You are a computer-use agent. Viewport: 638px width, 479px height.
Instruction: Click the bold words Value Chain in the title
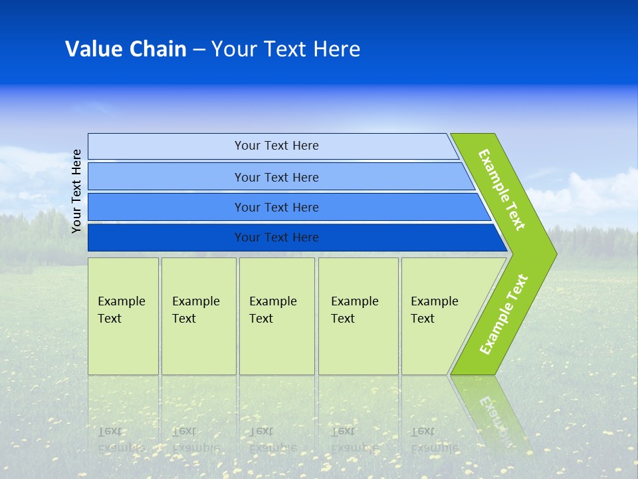(x=126, y=49)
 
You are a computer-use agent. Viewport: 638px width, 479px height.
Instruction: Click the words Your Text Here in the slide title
(x=286, y=49)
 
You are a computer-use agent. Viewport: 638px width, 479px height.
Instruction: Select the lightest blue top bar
(x=273, y=146)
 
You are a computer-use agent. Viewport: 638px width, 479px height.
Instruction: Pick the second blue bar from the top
(x=280, y=176)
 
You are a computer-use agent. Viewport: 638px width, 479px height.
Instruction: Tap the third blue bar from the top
(x=289, y=207)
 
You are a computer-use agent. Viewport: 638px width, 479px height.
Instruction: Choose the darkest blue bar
(x=297, y=238)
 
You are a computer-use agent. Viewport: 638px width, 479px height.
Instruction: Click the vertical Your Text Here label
(x=76, y=191)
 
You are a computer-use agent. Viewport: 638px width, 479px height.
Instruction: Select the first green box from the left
(x=124, y=316)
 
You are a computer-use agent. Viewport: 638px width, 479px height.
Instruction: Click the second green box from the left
(x=199, y=316)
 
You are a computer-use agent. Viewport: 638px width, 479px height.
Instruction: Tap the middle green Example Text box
(x=277, y=316)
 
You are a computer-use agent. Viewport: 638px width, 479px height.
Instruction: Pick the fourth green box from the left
(x=358, y=316)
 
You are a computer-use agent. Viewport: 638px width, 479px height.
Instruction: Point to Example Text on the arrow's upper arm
(x=502, y=190)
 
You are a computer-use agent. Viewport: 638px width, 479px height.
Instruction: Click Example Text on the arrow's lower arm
(x=504, y=314)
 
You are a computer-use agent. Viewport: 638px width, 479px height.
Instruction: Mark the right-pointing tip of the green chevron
(x=557, y=253)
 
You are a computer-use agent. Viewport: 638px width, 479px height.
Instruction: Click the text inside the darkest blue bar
(x=276, y=237)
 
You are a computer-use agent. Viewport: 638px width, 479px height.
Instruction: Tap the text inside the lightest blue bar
(x=276, y=146)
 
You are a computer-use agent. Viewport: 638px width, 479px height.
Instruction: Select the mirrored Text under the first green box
(x=110, y=431)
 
